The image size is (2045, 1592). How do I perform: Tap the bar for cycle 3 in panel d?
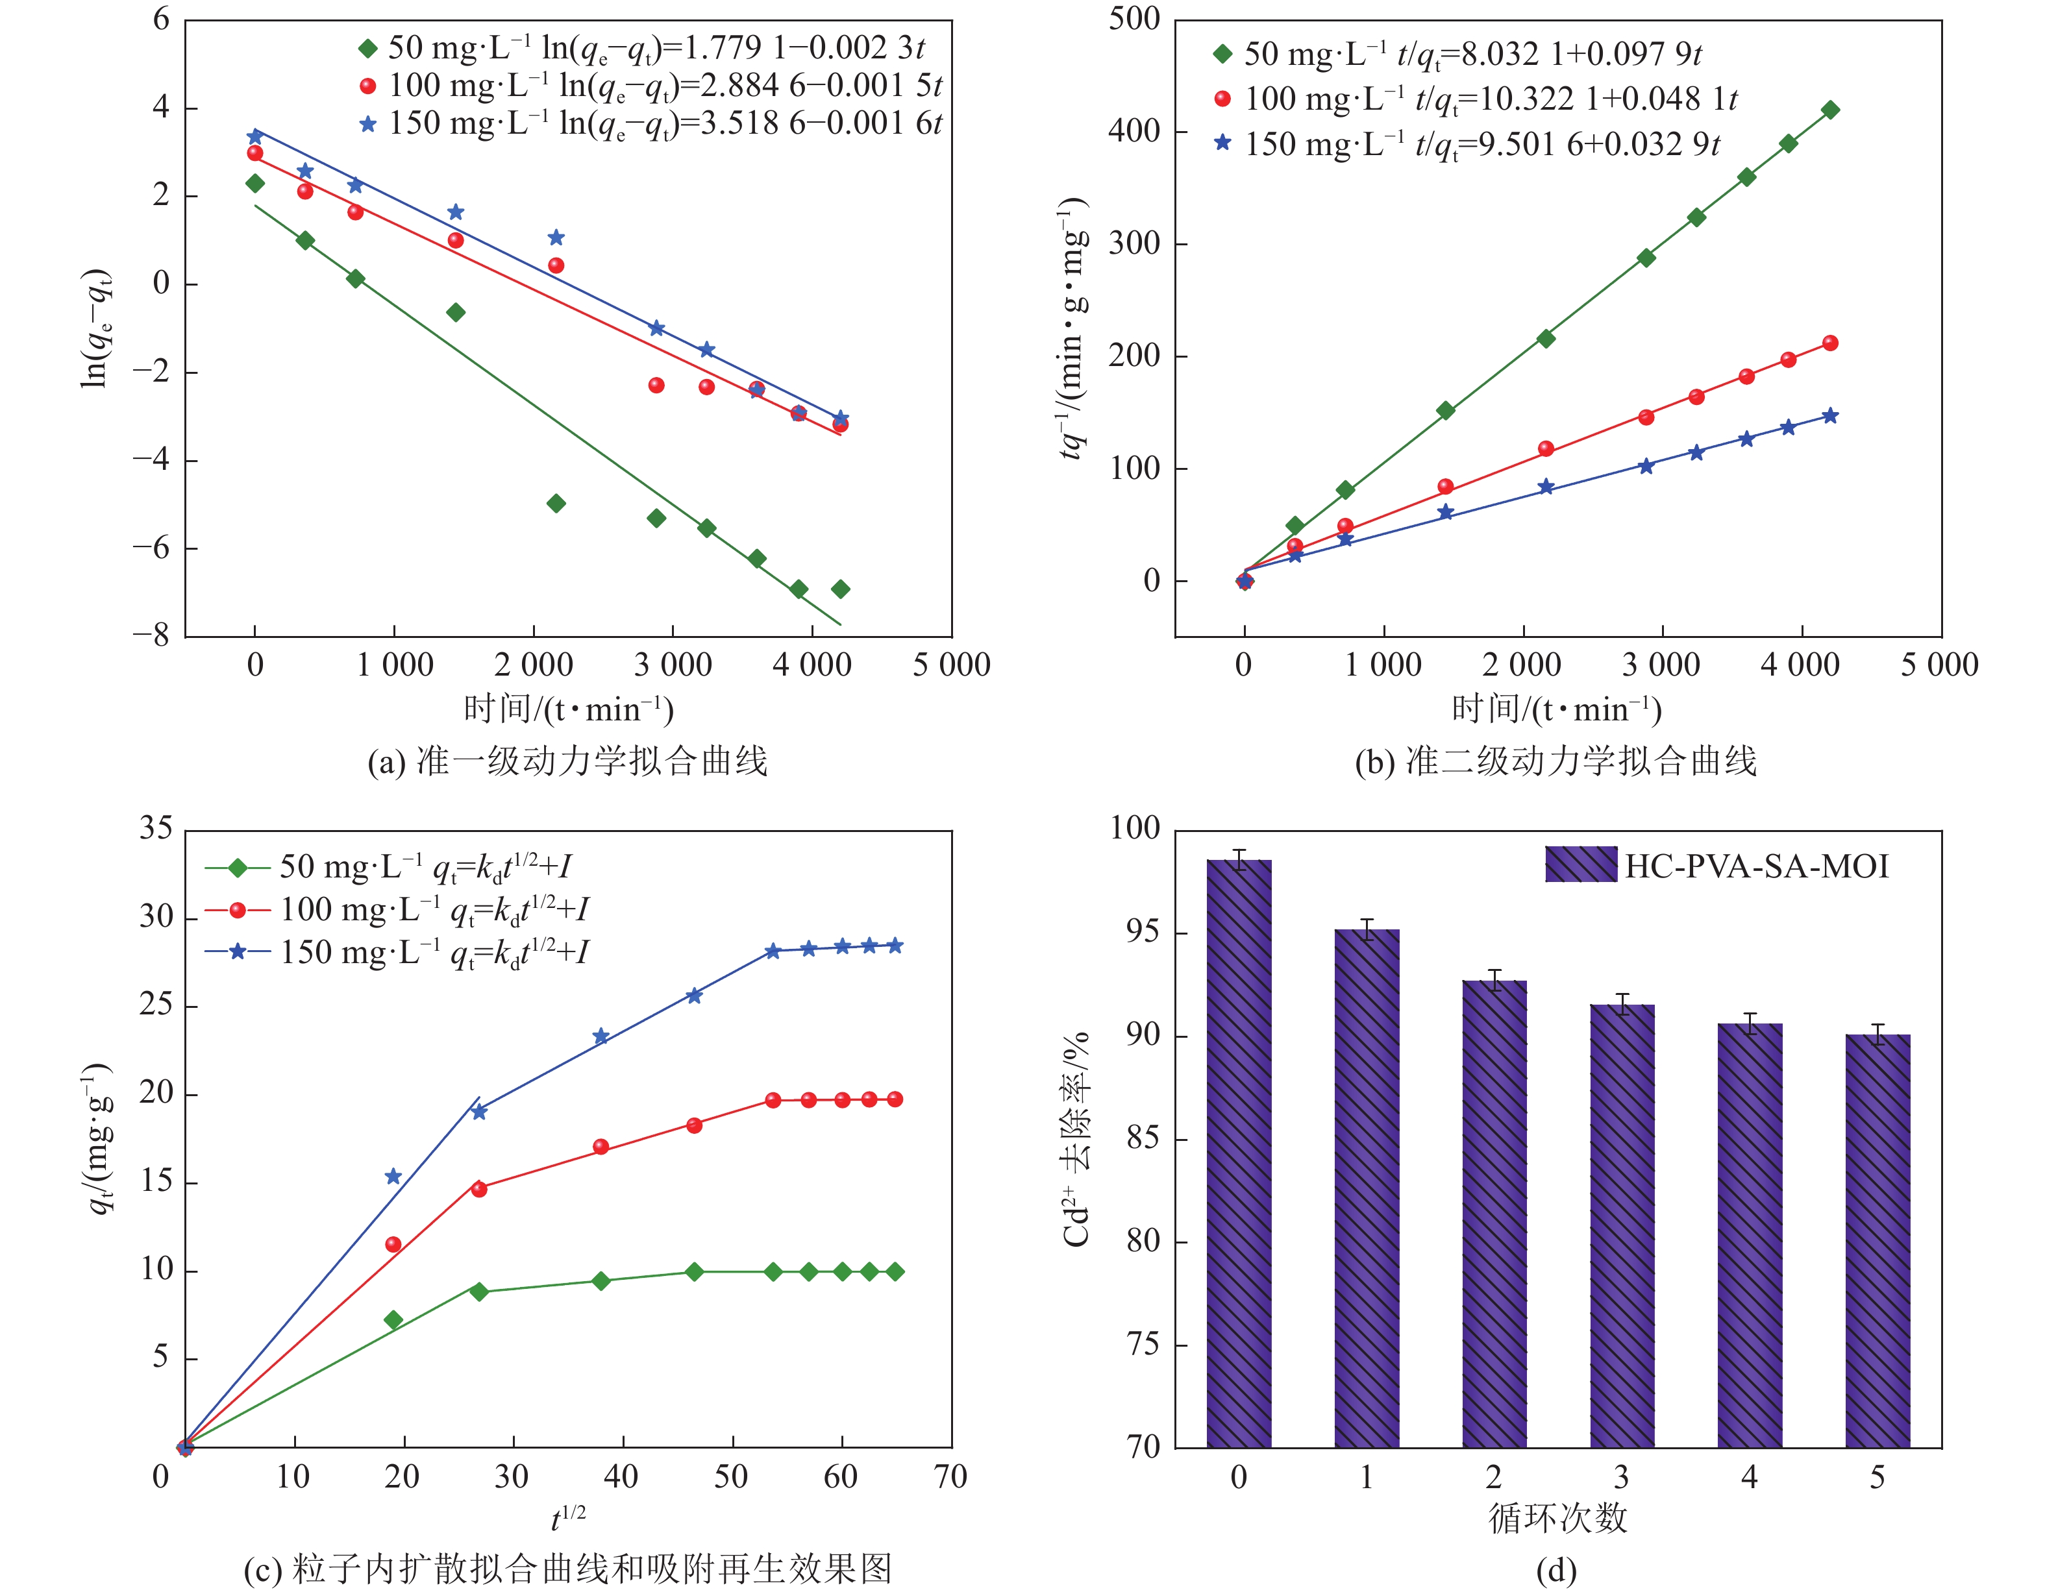tap(1622, 1225)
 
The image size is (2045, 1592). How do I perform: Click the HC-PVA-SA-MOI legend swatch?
tap(1581, 864)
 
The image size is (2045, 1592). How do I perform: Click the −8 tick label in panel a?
tap(151, 635)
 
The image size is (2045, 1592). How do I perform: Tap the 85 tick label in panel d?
tap(1141, 1138)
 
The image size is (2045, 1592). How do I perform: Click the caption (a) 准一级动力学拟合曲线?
tap(567, 761)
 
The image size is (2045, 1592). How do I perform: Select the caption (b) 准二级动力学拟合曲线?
tap(1555, 761)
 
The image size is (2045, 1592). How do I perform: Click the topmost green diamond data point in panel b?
tap(1829, 110)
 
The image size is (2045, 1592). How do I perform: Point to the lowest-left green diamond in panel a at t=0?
tap(254, 184)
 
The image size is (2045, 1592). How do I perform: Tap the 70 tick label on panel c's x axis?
tap(950, 1477)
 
